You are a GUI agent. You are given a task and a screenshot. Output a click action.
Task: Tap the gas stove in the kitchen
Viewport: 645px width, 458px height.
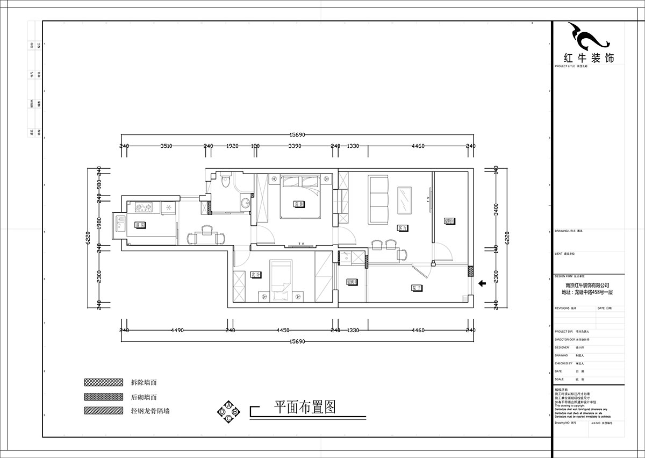[x=144, y=206]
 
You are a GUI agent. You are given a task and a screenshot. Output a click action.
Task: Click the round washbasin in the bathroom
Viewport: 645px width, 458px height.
[x=245, y=203]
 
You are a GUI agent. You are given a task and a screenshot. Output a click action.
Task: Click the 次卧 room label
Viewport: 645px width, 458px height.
[x=255, y=275]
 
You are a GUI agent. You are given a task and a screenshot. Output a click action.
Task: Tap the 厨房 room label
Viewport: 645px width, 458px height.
[x=140, y=225]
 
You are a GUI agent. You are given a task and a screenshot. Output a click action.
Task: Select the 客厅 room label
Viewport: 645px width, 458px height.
[x=400, y=227]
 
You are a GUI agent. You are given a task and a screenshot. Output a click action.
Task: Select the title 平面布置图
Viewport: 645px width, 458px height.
[x=305, y=406]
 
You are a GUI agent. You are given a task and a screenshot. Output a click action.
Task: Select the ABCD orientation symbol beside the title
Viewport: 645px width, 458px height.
[x=228, y=411]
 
